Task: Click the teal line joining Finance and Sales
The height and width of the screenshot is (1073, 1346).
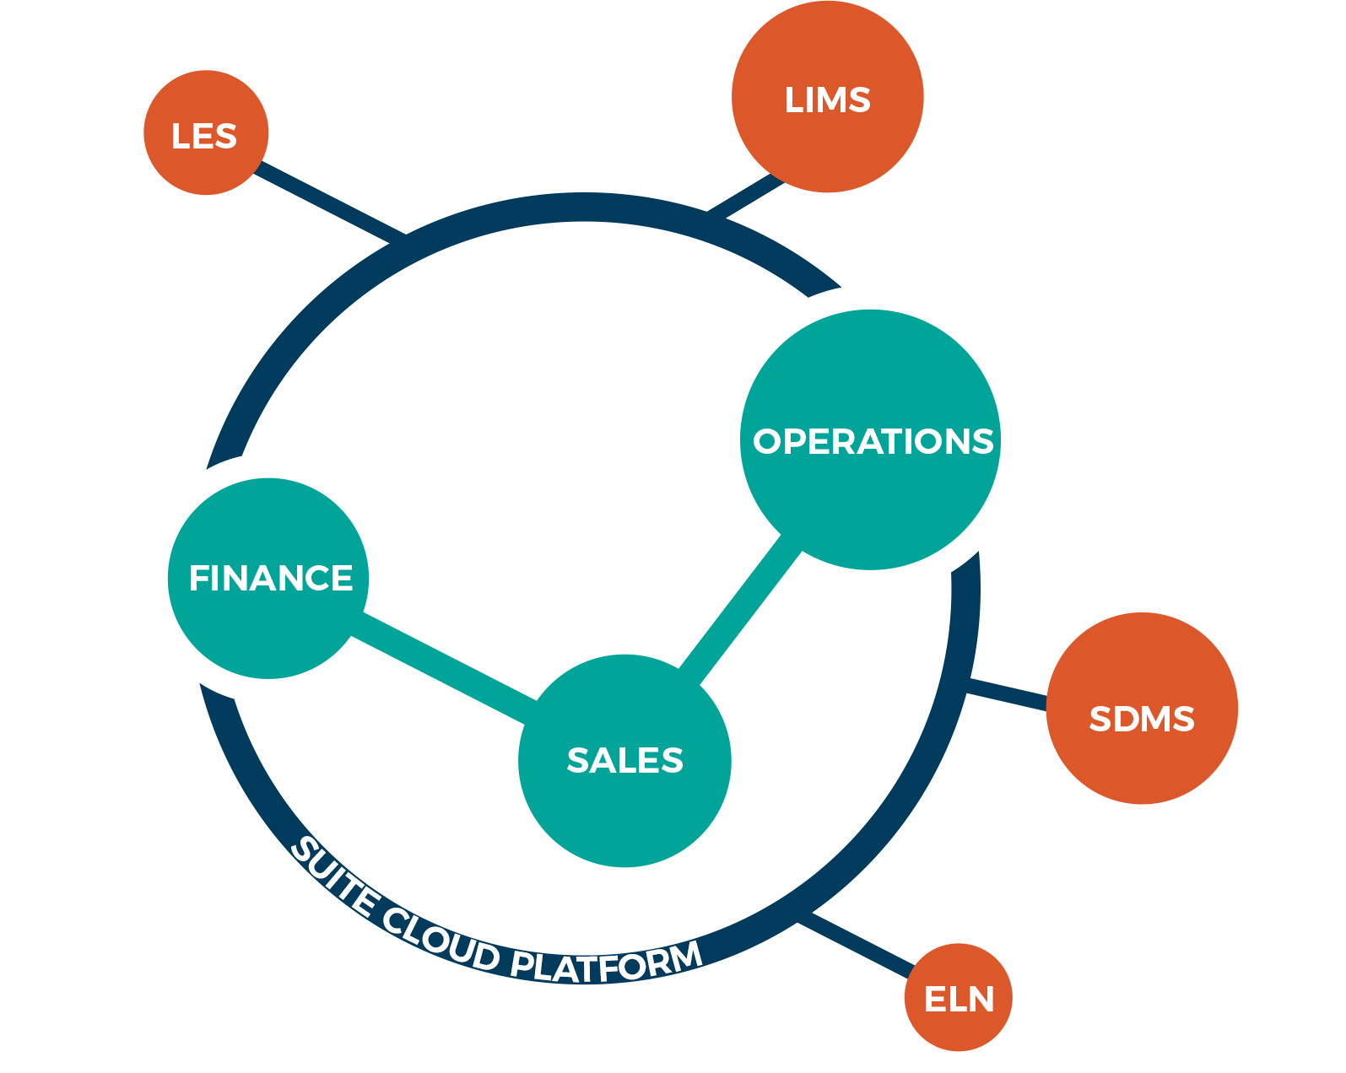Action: click(x=443, y=668)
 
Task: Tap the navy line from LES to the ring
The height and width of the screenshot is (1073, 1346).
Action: click(x=329, y=201)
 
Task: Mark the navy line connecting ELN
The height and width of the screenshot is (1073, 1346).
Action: click(x=857, y=943)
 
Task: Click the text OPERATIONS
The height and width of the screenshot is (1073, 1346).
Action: click(x=873, y=441)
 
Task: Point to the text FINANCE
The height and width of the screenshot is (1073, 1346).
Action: click(x=270, y=579)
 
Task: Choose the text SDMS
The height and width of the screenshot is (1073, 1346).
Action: click(x=1141, y=719)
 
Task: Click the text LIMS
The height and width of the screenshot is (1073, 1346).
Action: click(x=827, y=100)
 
